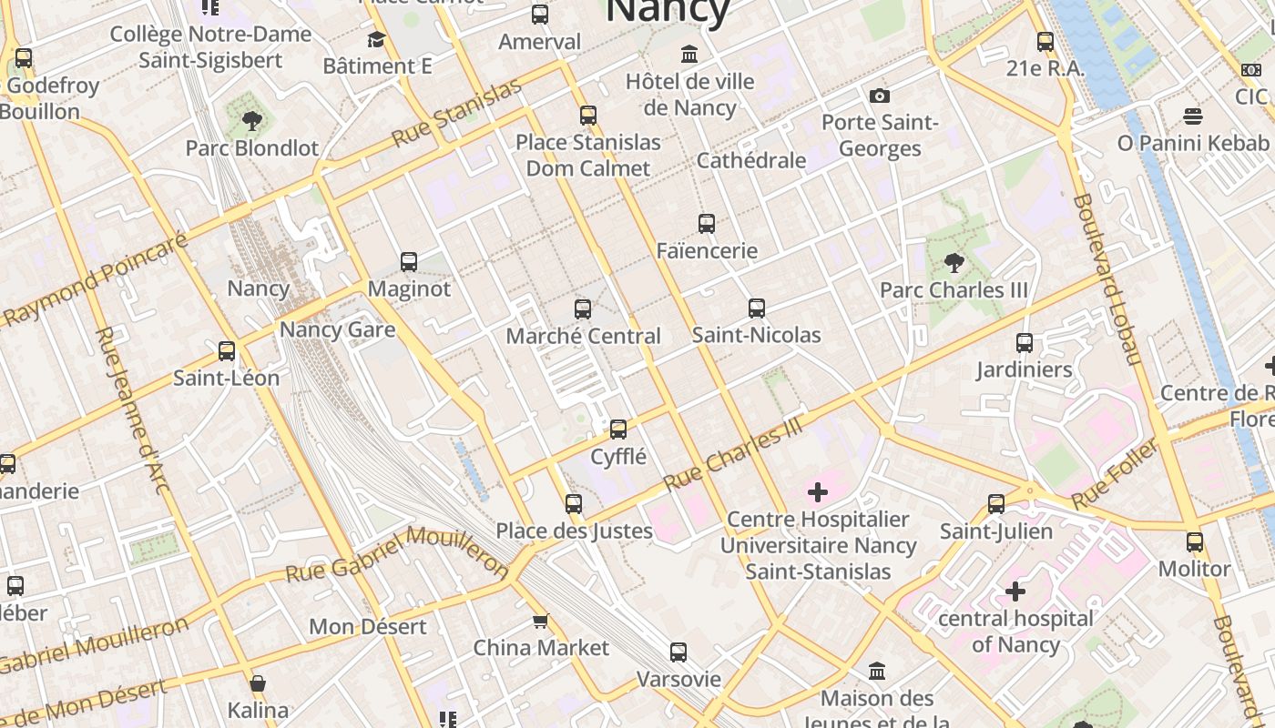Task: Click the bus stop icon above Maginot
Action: pos(409,262)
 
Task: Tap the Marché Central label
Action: pos(583,336)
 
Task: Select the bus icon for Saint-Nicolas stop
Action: pos(756,308)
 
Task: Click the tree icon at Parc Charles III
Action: pos(954,264)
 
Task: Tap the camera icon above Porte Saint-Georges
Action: pos(879,96)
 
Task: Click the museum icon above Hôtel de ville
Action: pos(689,54)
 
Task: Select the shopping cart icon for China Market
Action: pos(540,622)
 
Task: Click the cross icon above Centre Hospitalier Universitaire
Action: pos(818,492)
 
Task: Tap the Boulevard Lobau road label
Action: pos(1107,278)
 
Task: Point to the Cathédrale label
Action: pos(750,160)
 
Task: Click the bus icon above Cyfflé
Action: pos(618,430)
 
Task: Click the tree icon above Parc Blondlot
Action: pos(251,120)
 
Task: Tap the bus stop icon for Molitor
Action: pos(1194,542)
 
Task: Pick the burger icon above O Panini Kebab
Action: pos(1192,116)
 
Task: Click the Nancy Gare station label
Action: pos(337,329)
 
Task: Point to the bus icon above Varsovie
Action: pos(678,652)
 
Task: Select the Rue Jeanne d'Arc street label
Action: pos(132,410)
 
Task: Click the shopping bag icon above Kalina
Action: pos(258,683)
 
